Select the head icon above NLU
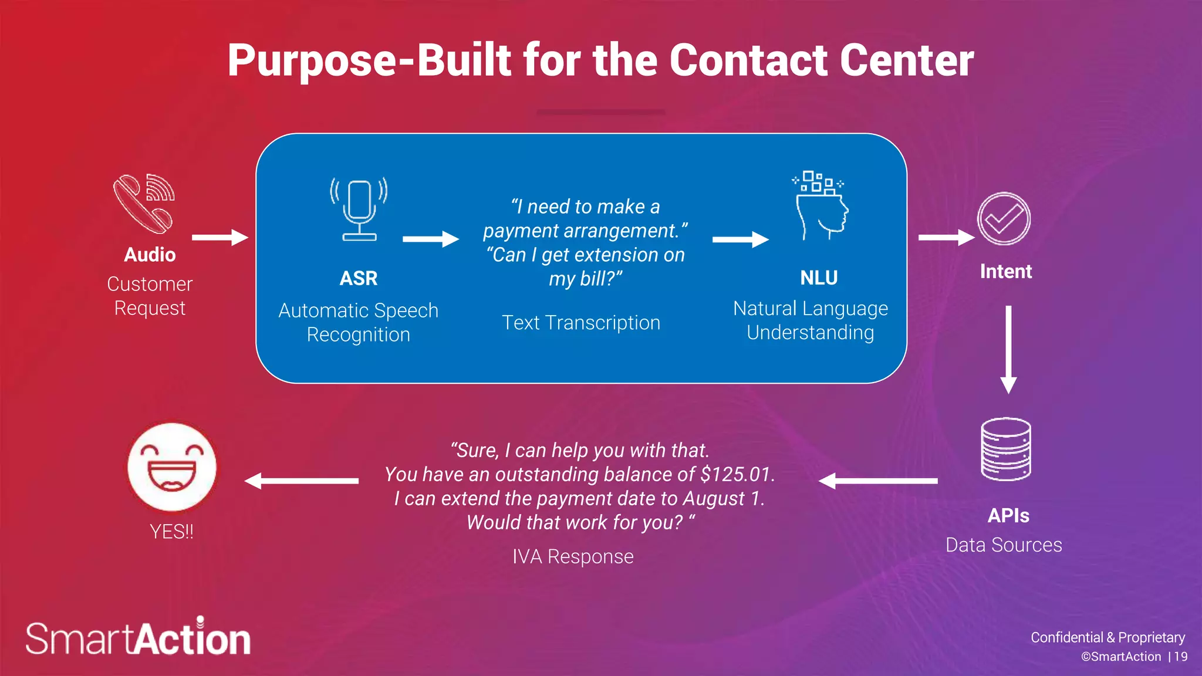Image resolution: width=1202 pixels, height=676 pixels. click(821, 207)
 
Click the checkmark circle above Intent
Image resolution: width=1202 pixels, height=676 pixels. click(1004, 219)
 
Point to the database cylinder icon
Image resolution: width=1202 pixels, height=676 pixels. click(1006, 449)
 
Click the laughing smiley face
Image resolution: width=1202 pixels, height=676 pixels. click(172, 467)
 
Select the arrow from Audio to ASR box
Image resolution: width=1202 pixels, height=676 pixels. click(220, 237)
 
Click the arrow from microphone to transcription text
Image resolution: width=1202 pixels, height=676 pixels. click(431, 239)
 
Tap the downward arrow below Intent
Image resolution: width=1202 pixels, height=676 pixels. click(1008, 349)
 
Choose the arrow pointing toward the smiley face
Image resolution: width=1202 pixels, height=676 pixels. click(301, 481)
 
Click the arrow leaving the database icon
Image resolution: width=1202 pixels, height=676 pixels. click(878, 481)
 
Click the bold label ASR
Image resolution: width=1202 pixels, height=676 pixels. click(359, 278)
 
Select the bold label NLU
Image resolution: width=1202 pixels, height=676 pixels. click(819, 278)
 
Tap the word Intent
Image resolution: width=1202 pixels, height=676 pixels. click(1005, 272)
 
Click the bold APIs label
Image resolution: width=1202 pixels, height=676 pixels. click(1008, 515)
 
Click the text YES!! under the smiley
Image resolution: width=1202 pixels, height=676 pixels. click(171, 532)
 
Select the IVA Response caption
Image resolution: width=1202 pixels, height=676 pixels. click(573, 556)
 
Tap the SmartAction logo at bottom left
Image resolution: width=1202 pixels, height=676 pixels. click(139, 638)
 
